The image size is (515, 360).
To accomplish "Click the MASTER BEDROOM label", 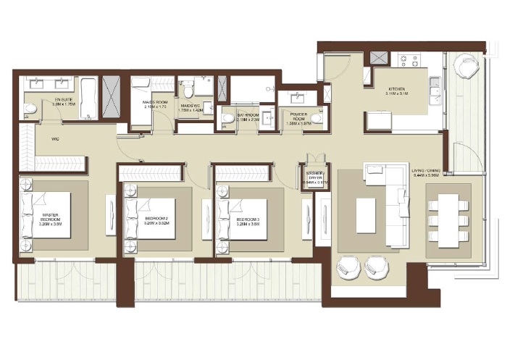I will (49, 217).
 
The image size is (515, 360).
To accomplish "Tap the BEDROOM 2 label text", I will (156, 217).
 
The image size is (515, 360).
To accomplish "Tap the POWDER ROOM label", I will (298, 118).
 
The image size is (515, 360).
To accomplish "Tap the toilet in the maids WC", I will (188, 89).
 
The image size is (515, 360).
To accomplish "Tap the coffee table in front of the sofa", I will (366, 214).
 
